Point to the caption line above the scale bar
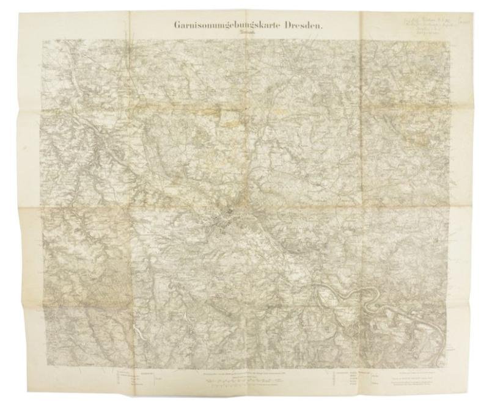244,372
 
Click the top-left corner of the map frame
43,42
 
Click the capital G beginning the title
177,26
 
